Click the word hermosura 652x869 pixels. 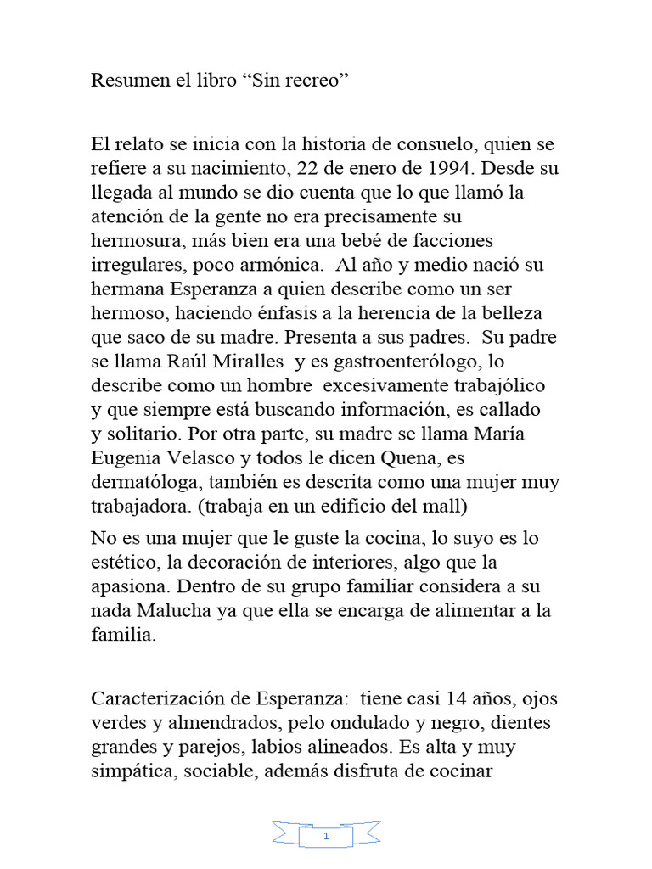tap(136, 241)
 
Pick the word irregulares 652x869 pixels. tap(137, 266)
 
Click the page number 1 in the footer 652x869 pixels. tap(327, 838)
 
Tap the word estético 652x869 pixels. tap(120, 563)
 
